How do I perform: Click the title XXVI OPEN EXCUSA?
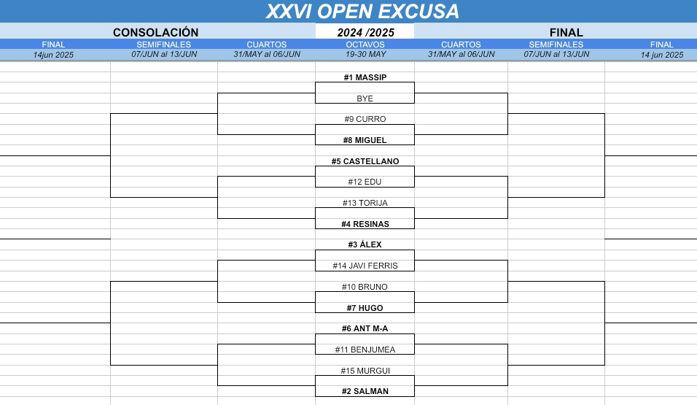tap(362, 12)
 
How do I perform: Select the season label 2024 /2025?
tap(365, 32)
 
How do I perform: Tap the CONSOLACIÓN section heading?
tap(155, 32)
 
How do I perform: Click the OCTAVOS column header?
tap(365, 45)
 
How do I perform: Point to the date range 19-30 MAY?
tap(365, 54)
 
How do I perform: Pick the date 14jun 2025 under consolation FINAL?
tap(53, 55)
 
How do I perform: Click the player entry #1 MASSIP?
tap(365, 77)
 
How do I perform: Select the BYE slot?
tap(365, 99)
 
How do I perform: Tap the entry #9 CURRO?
tap(365, 119)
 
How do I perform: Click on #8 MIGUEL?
tap(365, 140)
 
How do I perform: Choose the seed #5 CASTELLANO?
tap(365, 161)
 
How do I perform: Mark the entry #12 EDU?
tap(365, 182)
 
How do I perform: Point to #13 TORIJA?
tap(365, 203)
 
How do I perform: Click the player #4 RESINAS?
tap(365, 224)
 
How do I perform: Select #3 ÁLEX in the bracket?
tap(365, 244)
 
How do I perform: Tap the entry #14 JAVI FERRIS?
tap(365, 266)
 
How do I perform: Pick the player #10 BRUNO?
tap(365, 287)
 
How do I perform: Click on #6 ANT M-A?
tap(365, 328)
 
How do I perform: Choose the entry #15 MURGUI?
tap(365, 371)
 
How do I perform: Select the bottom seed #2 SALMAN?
tap(365, 391)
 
